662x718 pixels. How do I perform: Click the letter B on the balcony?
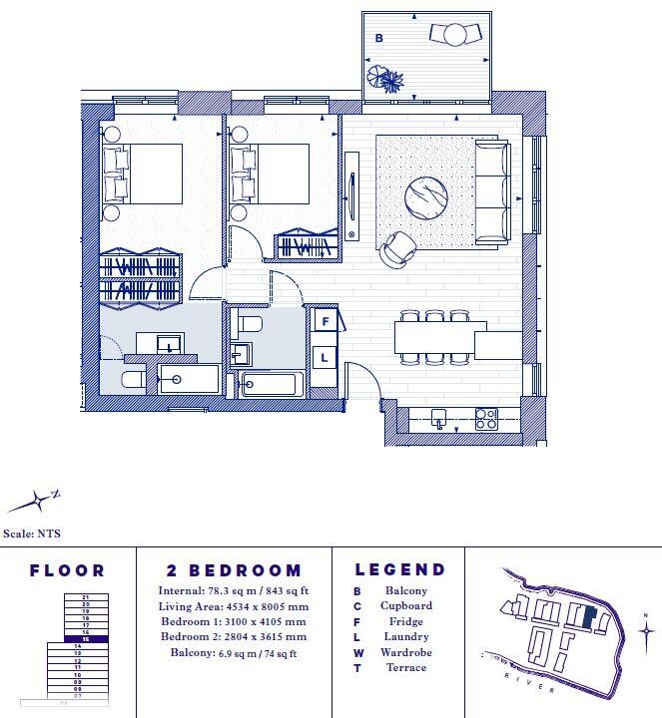[378, 38]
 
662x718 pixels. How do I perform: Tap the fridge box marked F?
[325, 321]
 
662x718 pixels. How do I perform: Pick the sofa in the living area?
[491, 192]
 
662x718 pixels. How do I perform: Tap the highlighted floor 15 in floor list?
[85, 639]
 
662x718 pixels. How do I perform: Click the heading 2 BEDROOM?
[234, 571]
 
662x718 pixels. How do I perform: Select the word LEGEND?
[399, 570]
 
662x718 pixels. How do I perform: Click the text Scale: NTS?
[33, 534]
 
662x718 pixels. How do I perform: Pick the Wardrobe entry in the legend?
[405, 652]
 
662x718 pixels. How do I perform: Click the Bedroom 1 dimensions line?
[233, 621]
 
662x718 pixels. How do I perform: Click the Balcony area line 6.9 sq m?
[233, 653]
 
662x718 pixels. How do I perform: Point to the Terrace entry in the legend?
[405, 667]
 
